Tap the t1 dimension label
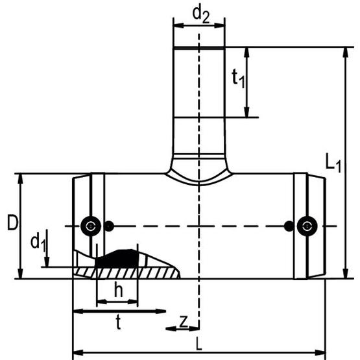tap(238, 78)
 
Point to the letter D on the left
tap(12, 222)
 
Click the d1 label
tap(38, 243)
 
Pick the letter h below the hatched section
tap(119, 290)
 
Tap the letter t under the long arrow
tap(118, 322)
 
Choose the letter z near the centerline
tap(184, 322)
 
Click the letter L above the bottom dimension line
tap(199, 344)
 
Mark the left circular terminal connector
tap(91, 226)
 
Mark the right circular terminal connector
tap(307, 226)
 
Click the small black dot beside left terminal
tap(109, 226)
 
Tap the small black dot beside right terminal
tap(289, 226)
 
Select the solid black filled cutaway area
tap(118, 259)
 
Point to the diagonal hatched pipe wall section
tap(126, 273)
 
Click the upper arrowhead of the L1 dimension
tap(345, 53)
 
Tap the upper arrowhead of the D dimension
tap(21, 178)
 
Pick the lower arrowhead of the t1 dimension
tap(246, 112)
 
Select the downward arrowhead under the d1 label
tap(47, 262)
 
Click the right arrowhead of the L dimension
tap(320, 353)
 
